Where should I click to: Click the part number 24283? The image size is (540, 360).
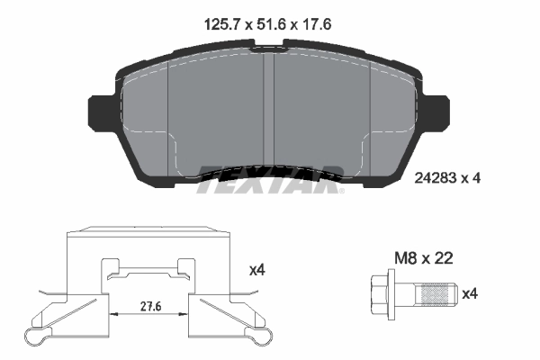[439, 178]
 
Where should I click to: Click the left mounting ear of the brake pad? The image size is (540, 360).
[99, 114]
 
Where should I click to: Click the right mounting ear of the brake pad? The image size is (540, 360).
[438, 114]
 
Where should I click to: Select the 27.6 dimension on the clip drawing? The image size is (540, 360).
[152, 306]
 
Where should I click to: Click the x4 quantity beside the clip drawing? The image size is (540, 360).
[256, 269]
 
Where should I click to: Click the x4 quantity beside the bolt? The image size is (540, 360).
[470, 292]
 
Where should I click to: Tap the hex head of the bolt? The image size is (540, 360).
[382, 292]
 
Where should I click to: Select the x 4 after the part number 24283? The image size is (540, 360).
[472, 178]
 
